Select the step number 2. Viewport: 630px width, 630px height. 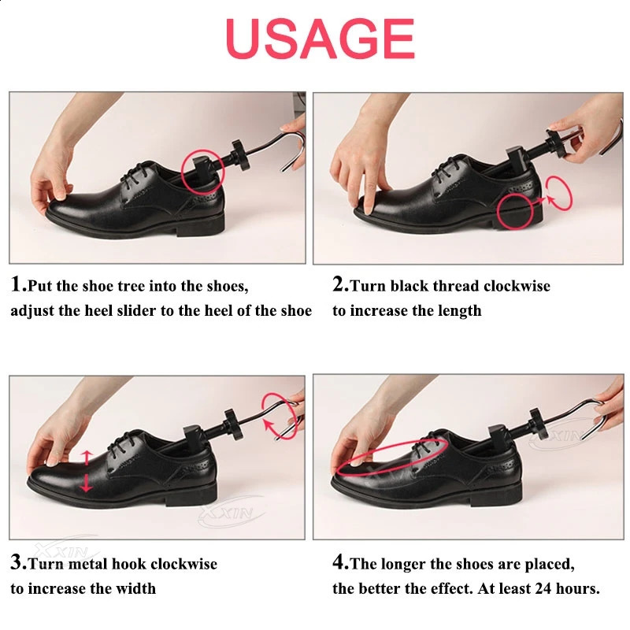pos(339,285)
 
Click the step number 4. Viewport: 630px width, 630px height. pos(339,563)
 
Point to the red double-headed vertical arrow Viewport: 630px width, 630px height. pos(86,471)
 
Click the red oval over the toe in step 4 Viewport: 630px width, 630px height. pos(392,457)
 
